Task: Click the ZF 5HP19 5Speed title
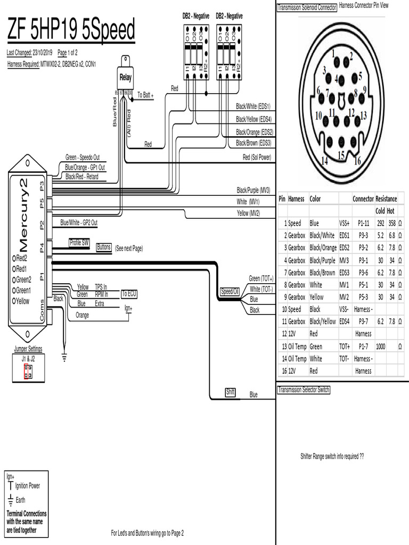(71, 31)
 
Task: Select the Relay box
(125, 78)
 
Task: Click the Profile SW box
(79, 243)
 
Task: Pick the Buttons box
(104, 247)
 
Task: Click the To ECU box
(129, 294)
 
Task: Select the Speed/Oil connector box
(230, 292)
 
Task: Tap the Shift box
(230, 393)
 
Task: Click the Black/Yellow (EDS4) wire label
(253, 120)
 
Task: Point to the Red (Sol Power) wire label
(257, 158)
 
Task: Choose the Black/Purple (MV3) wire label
(253, 190)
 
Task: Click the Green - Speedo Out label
(82, 158)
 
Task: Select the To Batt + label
(145, 95)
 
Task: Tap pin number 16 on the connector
(357, 161)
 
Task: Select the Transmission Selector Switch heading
(304, 390)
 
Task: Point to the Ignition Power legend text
(27, 486)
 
